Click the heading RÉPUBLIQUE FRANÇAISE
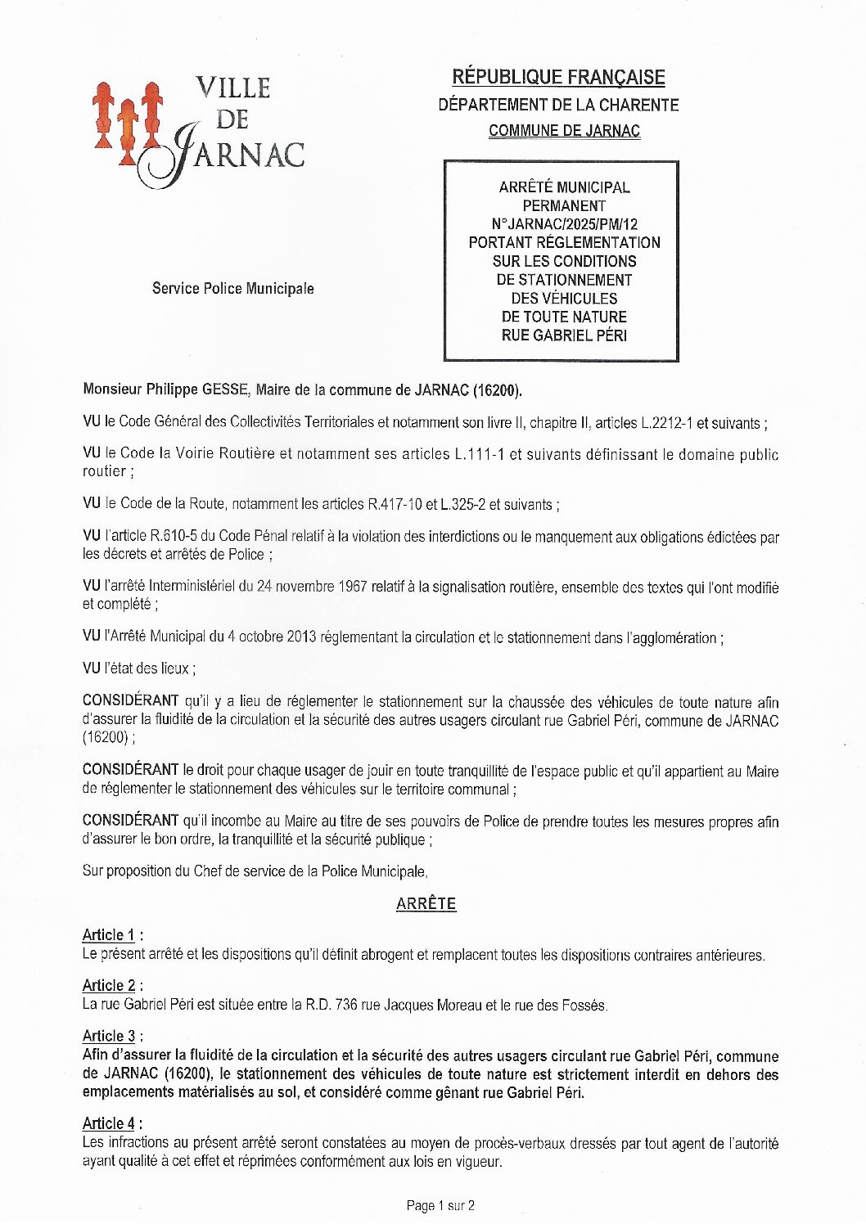point(558,78)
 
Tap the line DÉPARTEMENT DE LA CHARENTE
point(558,105)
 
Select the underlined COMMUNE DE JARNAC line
point(564,131)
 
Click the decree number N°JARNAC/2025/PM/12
point(564,224)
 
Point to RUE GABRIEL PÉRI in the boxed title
point(564,335)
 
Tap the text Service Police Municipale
point(232,289)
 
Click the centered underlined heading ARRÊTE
point(426,904)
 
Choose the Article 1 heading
point(109,935)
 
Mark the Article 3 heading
point(109,1037)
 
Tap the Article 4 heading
point(109,1124)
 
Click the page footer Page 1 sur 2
point(440,1205)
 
